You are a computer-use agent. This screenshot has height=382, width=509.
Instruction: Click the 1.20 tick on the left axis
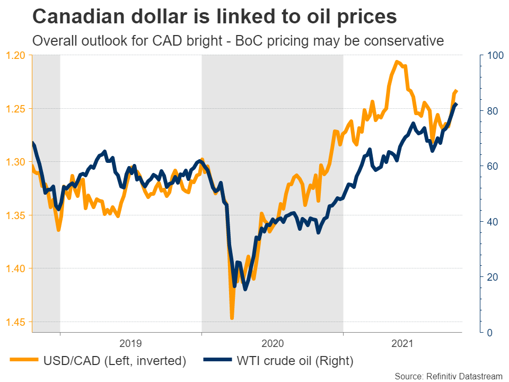(16, 55)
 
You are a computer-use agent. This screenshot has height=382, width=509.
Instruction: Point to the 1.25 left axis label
(16, 109)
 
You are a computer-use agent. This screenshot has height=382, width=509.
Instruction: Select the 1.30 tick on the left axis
(16, 162)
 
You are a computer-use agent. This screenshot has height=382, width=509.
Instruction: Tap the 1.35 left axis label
(16, 215)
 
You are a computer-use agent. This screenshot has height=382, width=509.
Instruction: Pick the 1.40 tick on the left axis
(16, 268)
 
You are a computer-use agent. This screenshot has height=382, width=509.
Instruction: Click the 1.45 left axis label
(16, 322)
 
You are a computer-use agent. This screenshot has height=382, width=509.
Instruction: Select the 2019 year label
(130, 343)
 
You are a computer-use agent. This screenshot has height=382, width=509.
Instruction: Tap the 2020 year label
(272, 343)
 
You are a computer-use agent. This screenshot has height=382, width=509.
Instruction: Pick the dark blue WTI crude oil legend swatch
(217, 361)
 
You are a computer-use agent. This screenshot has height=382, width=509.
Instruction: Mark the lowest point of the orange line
(232, 318)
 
